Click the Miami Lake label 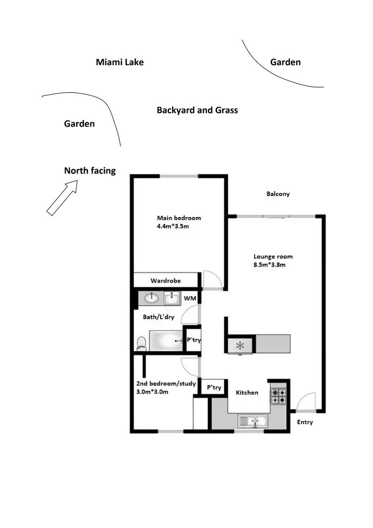(119, 62)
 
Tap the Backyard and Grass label (197, 110)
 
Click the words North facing (90, 171)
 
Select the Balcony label (278, 194)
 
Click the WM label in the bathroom (190, 299)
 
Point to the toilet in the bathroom (141, 343)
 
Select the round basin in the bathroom (151, 299)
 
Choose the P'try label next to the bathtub (193, 340)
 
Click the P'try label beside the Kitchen (214, 387)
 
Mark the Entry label (305, 422)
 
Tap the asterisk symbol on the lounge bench (240, 345)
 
